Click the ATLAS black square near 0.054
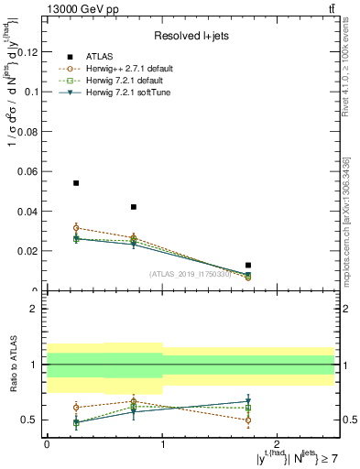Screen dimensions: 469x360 click(x=76, y=183)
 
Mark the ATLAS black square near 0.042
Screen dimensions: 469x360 click(x=134, y=207)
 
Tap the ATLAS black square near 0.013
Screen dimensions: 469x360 click(x=248, y=265)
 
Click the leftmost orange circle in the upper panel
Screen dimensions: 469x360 click(x=76, y=227)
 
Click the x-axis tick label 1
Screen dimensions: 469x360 click(x=162, y=442)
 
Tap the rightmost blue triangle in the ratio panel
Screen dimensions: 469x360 click(x=248, y=401)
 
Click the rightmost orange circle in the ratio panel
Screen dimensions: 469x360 click(x=248, y=420)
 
